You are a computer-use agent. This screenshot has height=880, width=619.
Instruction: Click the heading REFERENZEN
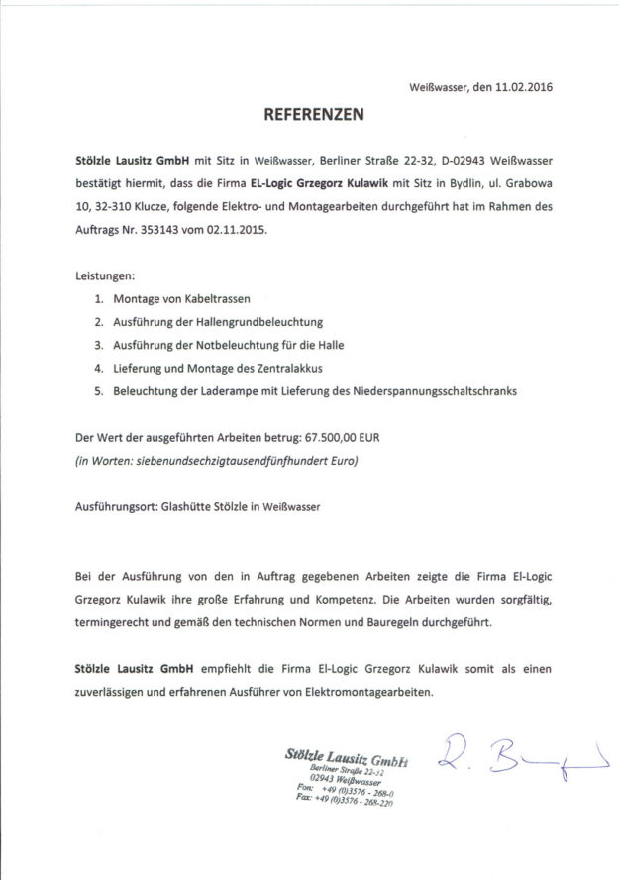pos(313,115)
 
